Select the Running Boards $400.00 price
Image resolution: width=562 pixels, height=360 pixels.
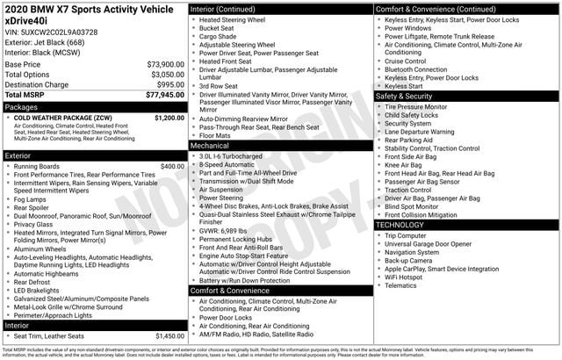(173, 166)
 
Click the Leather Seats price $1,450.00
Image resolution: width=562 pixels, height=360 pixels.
(169, 336)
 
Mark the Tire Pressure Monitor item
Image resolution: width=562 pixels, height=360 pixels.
(415, 106)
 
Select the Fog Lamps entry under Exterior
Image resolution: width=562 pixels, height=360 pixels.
(33, 199)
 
